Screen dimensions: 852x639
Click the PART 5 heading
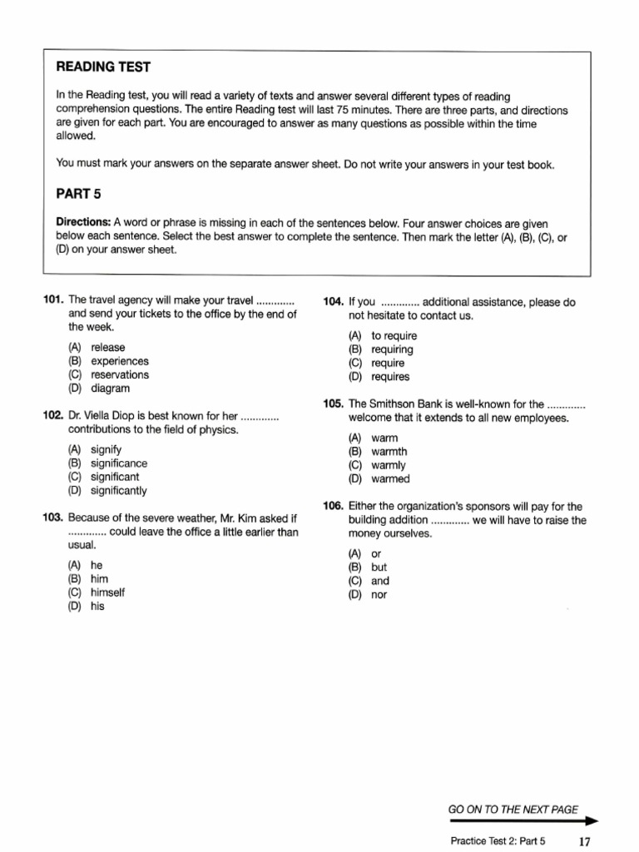[78, 194]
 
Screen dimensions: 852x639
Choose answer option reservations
[120, 374]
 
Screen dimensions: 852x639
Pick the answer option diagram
[110, 389]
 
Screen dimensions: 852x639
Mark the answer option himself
[107, 592]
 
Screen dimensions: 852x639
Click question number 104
[334, 302]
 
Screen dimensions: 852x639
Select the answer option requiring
[392, 349]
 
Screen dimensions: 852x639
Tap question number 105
[334, 404]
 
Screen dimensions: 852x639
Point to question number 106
[334, 506]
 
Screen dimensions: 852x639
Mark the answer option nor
[379, 595]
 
